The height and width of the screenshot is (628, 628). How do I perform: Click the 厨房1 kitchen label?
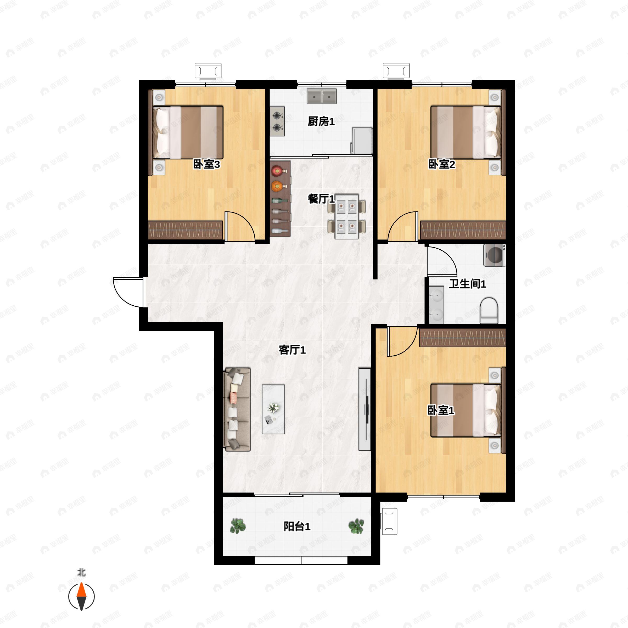[x=321, y=122]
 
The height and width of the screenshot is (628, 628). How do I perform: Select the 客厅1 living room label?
[x=292, y=350]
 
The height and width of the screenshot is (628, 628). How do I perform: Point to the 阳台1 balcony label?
[x=297, y=526]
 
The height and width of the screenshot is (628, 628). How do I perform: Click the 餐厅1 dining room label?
[x=321, y=199]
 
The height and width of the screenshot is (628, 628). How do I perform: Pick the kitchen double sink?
[x=322, y=96]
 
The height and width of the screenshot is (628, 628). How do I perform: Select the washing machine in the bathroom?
[x=494, y=255]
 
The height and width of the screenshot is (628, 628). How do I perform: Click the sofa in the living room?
[x=237, y=409]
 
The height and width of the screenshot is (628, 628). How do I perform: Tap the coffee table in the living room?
[x=273, y=409]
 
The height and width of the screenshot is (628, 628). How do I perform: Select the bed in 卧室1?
[x=466, y=410]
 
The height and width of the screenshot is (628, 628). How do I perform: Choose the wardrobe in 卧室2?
[x=463, y=231]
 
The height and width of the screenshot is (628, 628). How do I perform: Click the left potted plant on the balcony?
[x=238, y=526]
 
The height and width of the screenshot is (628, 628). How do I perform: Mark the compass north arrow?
[x=81, y=597]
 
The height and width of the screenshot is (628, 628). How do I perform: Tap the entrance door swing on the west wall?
[x=128, y=292]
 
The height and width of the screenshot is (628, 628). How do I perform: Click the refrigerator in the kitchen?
[x=361, y=141]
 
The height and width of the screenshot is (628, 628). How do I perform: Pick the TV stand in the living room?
[x=365, y=409]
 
